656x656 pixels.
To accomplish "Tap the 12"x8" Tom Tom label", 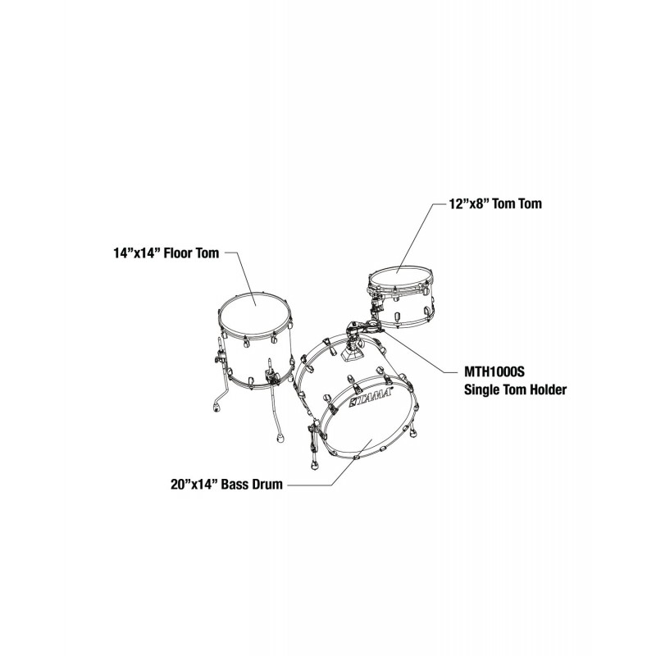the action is tap(495, 203).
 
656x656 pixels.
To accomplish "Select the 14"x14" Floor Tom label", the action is tap(166, 253).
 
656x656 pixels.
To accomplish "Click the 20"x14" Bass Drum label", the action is tap(226, 485).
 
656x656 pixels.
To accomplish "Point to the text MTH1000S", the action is tap(494, 371).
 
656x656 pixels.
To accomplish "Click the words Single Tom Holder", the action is tap(516, 390).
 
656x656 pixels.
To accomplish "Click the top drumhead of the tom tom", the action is tap(400, 278).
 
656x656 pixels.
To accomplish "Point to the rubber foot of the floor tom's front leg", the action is tap(280, 439).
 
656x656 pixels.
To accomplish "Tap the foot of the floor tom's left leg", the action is tap(216, 407).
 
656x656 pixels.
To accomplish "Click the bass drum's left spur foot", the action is tap(313, 465).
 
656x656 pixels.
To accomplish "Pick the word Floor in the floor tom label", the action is tap(178, 253).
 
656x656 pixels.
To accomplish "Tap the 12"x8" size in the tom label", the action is tap(469, 203).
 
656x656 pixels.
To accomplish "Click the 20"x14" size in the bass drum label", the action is tap(194, 485).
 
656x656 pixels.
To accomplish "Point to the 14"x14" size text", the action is tap(137, 253).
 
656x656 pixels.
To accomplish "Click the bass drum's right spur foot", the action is tap(413, 433).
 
